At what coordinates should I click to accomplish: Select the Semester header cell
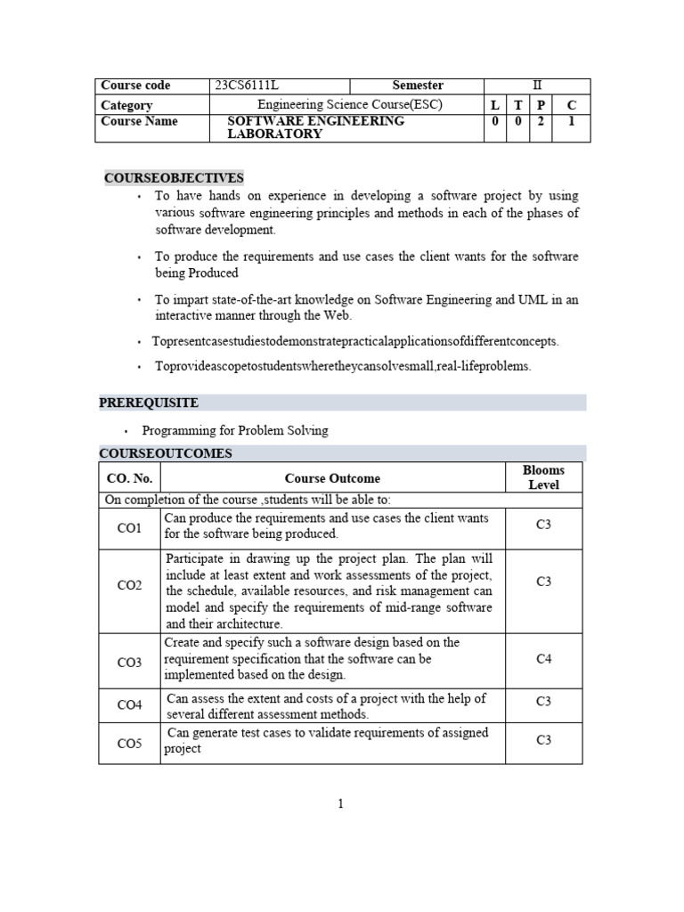point(418,85)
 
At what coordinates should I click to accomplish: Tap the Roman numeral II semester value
point(536,85)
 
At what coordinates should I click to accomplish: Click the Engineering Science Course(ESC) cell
point(349,105)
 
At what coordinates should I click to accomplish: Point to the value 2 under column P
point(541,122)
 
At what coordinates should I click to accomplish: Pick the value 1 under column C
point(572,122)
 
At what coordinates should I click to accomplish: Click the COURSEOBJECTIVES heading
point(174,178)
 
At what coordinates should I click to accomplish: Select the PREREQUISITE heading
point(149,403)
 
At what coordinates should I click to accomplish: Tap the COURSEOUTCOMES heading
point(166,453)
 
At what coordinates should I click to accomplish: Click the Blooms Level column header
point(543,477)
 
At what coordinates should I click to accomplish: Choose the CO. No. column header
point(129,478)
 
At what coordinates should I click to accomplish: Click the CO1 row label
point(129,528)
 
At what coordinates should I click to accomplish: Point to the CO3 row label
point(129,663)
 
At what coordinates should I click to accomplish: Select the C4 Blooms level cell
point(543,659)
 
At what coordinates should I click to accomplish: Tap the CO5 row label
point(129,743)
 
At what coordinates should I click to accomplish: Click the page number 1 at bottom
point(340,804)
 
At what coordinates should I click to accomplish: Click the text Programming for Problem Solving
point(235,430)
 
